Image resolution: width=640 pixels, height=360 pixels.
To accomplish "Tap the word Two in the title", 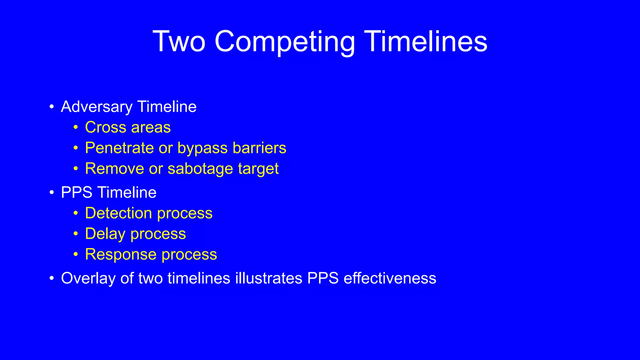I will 179,42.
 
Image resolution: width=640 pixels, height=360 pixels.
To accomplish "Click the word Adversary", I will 97,107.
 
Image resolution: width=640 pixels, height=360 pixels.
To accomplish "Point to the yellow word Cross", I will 106,127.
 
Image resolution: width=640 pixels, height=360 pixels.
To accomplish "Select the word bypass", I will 202,148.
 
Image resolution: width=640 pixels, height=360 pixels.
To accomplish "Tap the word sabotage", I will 200,169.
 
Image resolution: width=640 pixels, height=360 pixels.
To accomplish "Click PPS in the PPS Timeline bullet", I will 77,192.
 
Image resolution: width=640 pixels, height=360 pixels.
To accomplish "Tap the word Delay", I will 105,234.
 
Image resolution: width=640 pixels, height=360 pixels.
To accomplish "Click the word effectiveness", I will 390,278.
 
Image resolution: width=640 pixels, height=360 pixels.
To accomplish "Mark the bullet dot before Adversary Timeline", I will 52,107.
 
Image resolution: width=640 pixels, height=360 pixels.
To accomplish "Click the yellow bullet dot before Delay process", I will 76,234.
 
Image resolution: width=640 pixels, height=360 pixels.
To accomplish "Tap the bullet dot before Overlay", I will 52,278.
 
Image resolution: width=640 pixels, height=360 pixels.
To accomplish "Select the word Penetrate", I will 119,148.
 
